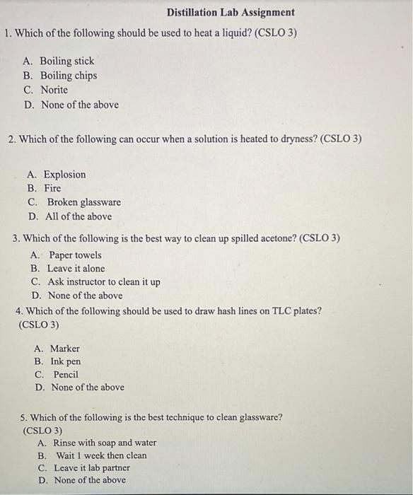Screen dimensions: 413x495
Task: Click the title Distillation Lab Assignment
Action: click(x=231, y=13)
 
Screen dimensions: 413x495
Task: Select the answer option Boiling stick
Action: click(x=66, y=62)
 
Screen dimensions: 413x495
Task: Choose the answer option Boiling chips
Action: click(x=68, y=76)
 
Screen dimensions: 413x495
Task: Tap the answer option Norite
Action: click(x=54, y=90)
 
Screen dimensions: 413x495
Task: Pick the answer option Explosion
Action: click(x=64, y=175)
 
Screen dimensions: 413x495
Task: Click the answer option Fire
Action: click(x=52, y=189)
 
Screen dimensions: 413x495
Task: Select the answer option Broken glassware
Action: click(x=83, y=202)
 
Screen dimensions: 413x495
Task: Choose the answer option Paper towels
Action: click(x=75, y=255)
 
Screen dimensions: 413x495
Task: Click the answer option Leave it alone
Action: click(x=76, y=269)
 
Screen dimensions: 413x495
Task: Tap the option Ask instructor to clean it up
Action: click(x=103, y=282)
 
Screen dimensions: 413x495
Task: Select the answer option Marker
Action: click(x=65, y=349)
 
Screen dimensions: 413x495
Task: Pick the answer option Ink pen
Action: click(x=65, y=361)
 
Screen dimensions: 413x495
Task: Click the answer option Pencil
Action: click(x=66, y=375)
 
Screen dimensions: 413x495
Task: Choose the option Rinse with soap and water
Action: click(x=105, y=443)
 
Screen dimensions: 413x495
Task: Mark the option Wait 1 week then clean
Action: click(x=101, y=455)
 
